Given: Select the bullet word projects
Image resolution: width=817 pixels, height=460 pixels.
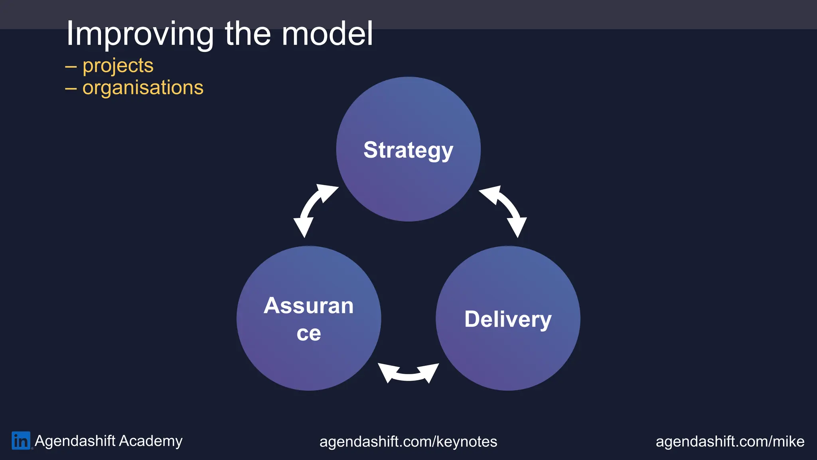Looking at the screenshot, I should (x=118, y=65).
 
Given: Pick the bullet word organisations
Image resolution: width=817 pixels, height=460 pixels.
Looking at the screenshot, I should (x=143, y=87).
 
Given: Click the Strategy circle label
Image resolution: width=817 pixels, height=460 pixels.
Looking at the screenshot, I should (x=408, y=150).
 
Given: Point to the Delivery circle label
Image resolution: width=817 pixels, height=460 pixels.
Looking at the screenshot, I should (x=508, y=319).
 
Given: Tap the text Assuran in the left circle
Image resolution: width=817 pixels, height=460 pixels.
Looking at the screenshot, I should (x=308, y=306).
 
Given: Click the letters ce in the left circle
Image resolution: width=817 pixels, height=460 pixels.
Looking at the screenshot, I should (x=308, y=333).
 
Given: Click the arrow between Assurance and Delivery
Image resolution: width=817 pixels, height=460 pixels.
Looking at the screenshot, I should (x=408, y=373).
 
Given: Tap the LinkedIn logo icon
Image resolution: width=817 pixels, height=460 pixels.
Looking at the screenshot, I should (x=21, y=441).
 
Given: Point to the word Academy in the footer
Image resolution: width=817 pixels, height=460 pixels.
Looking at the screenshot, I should (x=150, y=441).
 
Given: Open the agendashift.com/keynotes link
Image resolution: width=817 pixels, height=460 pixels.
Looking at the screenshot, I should (x=408, y=442).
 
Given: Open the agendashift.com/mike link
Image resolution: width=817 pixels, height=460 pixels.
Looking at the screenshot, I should (x=730, y=442).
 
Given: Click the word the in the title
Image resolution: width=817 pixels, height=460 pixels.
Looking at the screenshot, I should (x=248, y=34).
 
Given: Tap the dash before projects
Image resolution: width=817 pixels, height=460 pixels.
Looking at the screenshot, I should (x=71, y=66).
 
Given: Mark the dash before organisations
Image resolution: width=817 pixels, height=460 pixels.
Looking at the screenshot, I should (x=71, y=88).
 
